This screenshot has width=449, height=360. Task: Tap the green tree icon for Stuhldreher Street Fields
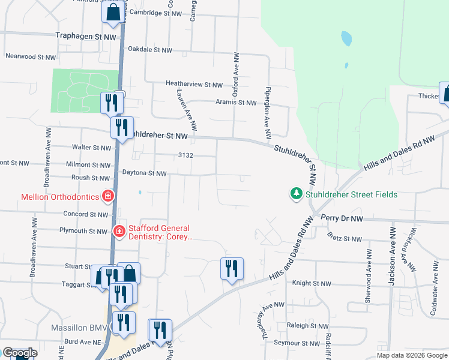tap(296, 194)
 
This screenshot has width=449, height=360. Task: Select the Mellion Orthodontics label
tap(59, 196)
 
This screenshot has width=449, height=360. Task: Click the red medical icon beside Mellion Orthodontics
tap(108, 196)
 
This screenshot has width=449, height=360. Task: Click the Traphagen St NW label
tap(86, 37)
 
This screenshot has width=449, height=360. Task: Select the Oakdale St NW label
tap(150, 50)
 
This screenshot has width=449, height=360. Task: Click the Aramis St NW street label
tap(236, 103)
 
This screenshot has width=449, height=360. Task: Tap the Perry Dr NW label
tap(342, 218)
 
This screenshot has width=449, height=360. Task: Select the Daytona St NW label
tap(144, 173)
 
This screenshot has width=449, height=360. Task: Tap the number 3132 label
tap(185, 155)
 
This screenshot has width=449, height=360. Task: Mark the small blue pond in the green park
tap(346, 40)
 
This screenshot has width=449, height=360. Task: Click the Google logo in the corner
tap(20, 353)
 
